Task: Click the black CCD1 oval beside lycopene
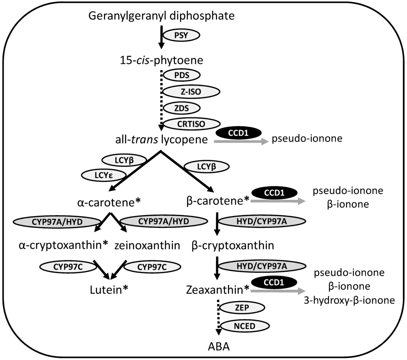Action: coord(238,132)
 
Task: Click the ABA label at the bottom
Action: coord(218,346)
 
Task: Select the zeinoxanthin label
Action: coord(147,245)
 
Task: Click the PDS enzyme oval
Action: coord(181,75)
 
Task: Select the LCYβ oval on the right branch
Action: coord(207,167)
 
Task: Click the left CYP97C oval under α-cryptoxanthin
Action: coord(65,267)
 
